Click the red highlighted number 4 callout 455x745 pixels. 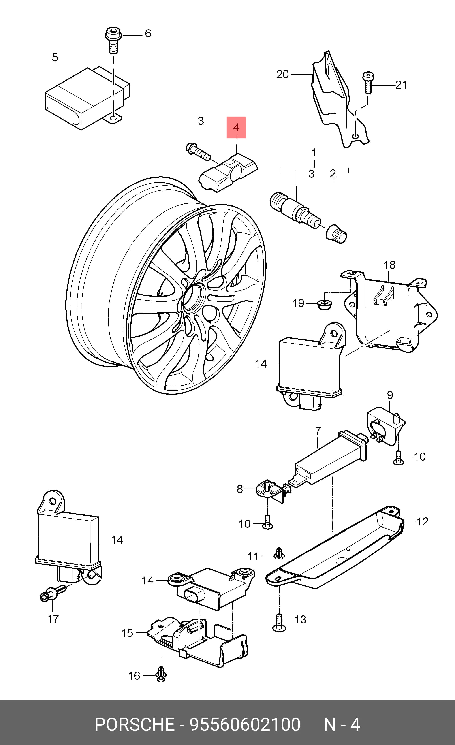[x=236, y=127]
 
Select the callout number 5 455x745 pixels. [x=55, y=58]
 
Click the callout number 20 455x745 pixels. [x=282, y=74]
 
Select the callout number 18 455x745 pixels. [x=389, y=265]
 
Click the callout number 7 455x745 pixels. [x=318, y=431]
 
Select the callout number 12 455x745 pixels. [x=422, y=522]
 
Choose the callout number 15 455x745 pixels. [x=127, y=633]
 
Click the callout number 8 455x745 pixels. [x=240, y=489]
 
